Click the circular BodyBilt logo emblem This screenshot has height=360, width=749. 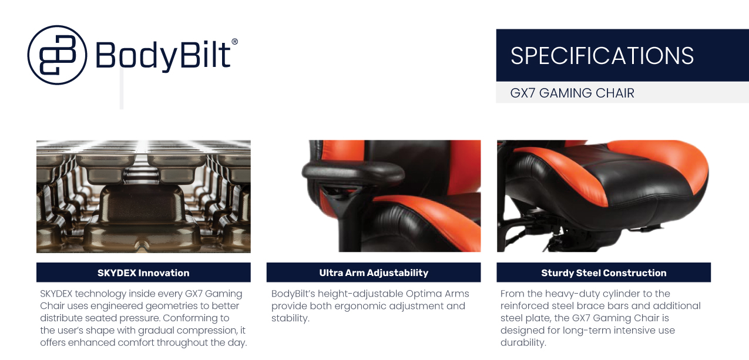[x=57, y=55]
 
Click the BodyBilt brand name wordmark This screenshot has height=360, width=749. [x=163, y=56]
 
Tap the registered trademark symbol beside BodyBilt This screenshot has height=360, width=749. [x=235, y=42]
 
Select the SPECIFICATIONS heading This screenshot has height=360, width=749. [x=602, y=56]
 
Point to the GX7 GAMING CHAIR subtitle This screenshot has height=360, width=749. [x=572, y=93]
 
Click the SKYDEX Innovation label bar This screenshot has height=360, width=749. [x=143, y=272]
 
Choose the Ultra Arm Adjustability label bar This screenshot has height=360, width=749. [x=374, y=272]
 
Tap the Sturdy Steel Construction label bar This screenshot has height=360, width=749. [x=603, y=272]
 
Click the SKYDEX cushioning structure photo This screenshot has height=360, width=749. [x=143, y=196]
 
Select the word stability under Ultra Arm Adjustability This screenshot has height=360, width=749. [x=290, y=318]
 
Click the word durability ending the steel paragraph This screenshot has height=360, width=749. [x=523, y=342]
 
